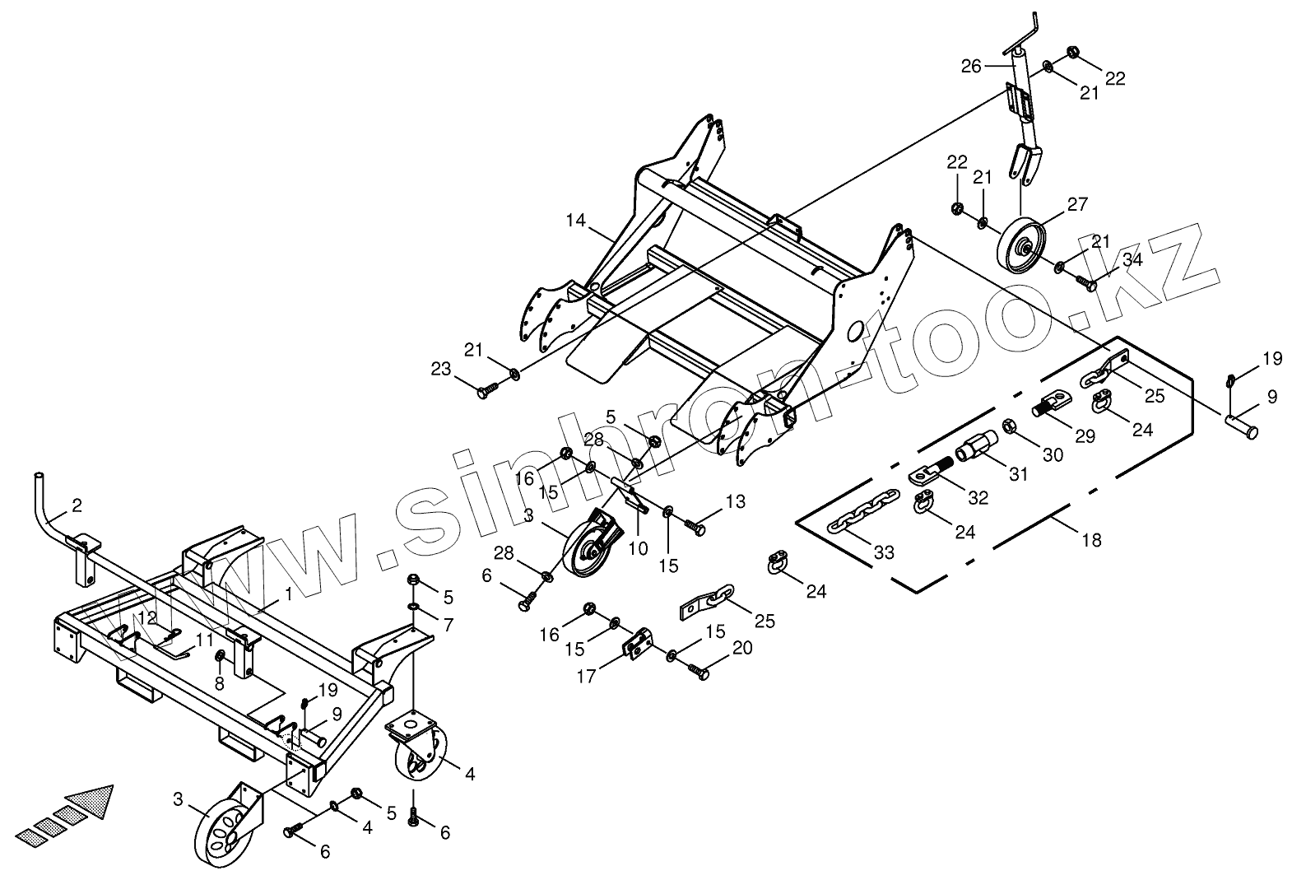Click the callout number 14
coord(575,221)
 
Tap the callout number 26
coord(971,67)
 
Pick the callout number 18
coord(1092,540)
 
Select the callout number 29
coord(1085,435)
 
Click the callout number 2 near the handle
coord(77,505)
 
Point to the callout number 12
coord(146,617)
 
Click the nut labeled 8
coord(221,655)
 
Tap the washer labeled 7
coord(412,608)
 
